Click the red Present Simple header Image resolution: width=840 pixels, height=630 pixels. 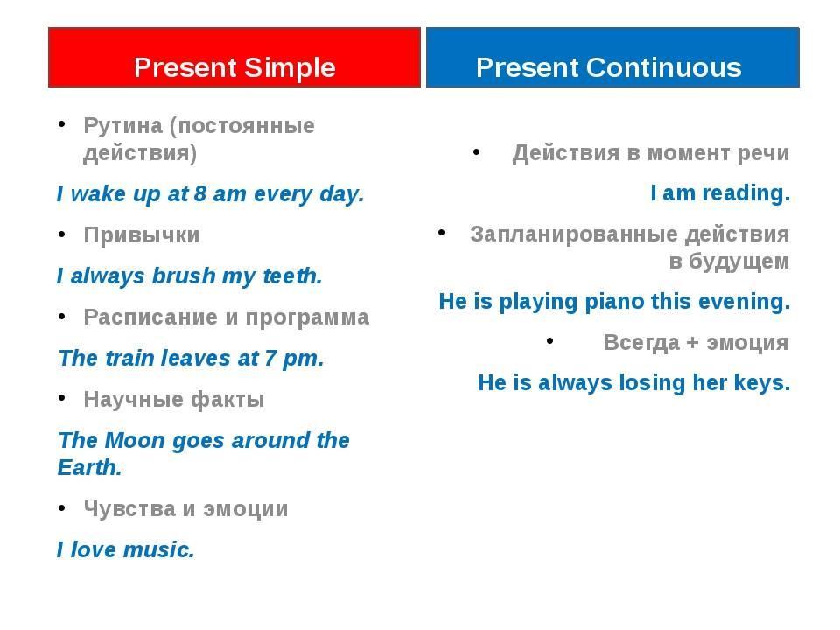tap(234, 58)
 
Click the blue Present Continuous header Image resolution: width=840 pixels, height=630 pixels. tap(612, 58)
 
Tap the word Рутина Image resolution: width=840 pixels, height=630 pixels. tap(122, 126)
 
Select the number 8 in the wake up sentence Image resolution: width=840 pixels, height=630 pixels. tap(199, 193)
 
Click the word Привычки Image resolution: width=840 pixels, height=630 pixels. tap(142, 235)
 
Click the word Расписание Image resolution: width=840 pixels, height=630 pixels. tap(150, 317)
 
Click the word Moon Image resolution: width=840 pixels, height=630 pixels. tap(135, 440)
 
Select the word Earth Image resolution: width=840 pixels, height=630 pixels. tap(89, 467)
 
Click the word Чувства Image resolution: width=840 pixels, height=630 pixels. tap(129, 509)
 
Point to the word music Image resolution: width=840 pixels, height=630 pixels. tap(159, 549)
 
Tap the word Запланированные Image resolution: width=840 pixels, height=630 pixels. tap(574, 234)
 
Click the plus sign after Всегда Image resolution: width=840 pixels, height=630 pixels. tap(693, 343)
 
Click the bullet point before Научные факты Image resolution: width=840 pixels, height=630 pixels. tap(62, 397)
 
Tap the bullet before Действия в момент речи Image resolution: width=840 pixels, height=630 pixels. tap(476, 151)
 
